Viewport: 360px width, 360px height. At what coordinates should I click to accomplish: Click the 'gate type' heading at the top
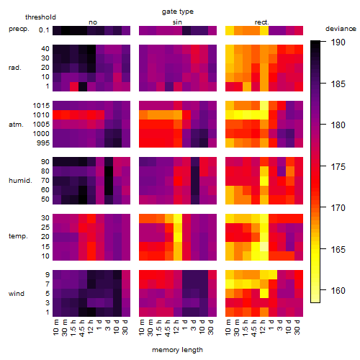click(x=178, y=12)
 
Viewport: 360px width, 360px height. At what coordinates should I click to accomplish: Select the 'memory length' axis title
click(x=177, y=350)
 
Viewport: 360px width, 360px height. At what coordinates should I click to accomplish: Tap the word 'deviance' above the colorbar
click(x=341, y=29)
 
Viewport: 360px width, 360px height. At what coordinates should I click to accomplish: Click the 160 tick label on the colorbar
click(x=338, y=291)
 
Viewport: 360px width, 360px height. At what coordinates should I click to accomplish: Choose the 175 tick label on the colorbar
click(x=338, y=166)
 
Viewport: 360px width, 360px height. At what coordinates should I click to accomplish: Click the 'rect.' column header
click(x=262, y=22)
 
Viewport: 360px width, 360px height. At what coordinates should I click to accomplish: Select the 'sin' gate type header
click(x=177, y=22)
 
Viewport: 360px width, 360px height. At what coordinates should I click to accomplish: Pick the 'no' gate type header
click(x=93, y=22)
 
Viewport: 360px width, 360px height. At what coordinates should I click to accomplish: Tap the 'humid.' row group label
click(x=20, y=181)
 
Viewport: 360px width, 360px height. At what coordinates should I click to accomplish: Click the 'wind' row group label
click(x=17, y=294)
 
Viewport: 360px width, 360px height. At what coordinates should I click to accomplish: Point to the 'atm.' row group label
click(x=16, y=125)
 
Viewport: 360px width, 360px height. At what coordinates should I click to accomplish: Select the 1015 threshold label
click(x=41, y=106)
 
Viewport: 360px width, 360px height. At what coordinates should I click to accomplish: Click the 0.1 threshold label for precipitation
click(x=44, y=30)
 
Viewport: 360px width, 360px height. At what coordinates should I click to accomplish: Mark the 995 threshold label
click(x=43, y=143)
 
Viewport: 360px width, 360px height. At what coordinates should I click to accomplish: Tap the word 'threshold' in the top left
click(x=40, y=17)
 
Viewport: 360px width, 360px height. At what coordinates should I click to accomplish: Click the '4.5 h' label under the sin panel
click(x=168, y=328)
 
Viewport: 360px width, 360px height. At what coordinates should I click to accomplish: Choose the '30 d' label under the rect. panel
click(x=297, y=327)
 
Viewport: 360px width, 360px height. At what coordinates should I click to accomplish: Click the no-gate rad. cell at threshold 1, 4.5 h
click(x=83, y=86)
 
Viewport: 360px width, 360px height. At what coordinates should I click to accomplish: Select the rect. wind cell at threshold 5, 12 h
click(x=264, y=293)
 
